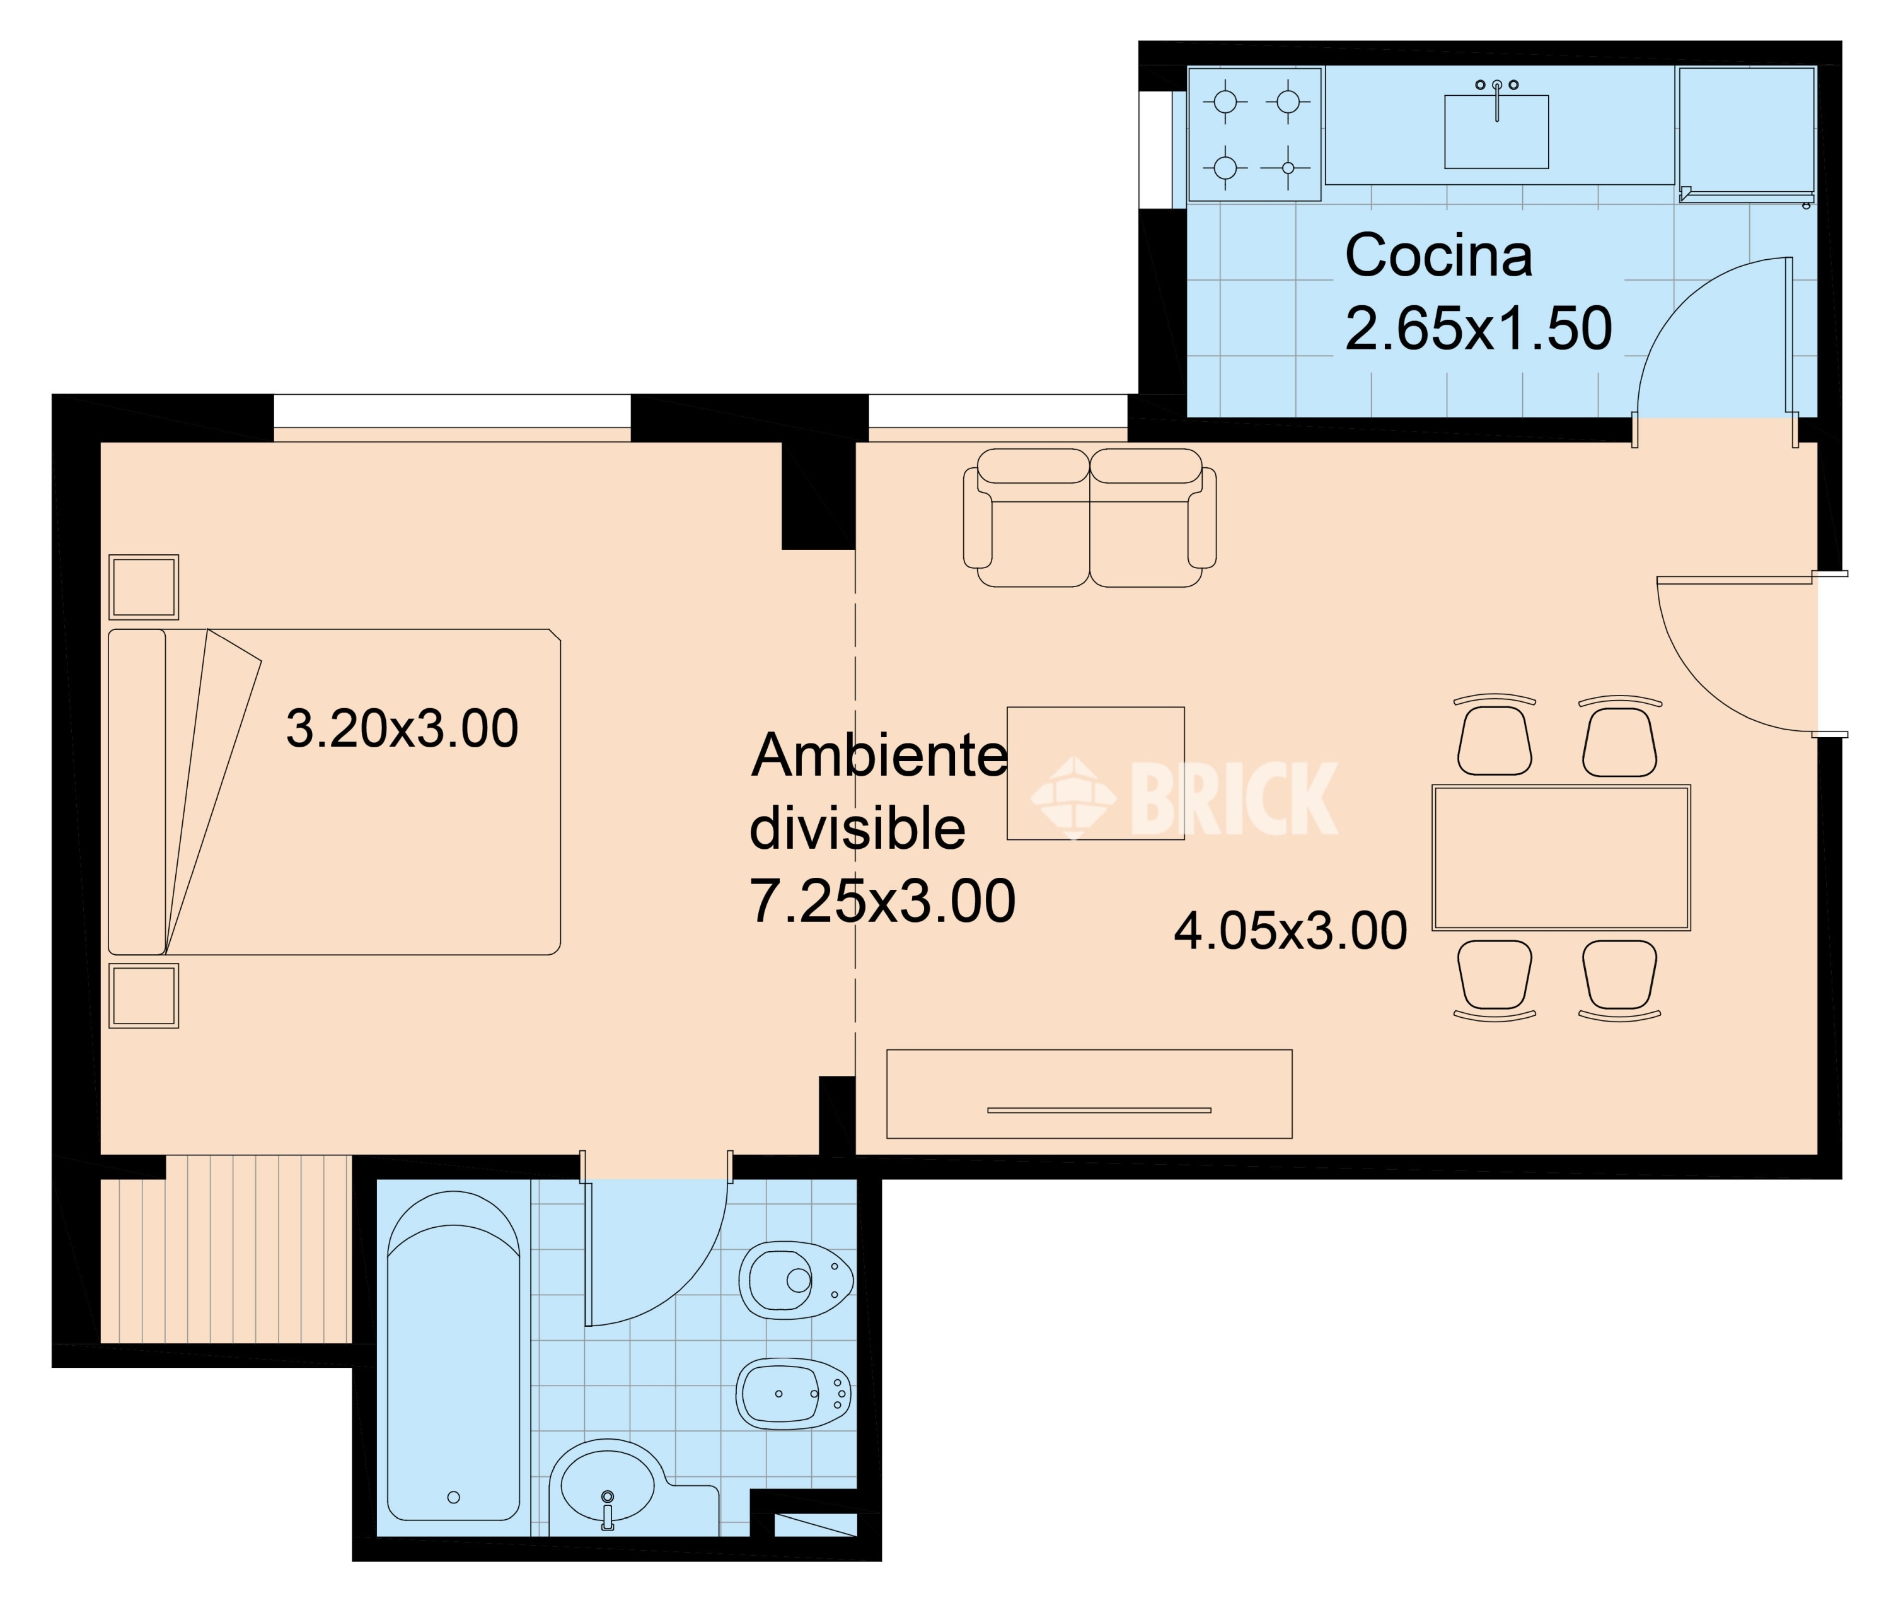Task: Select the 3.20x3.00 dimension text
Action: point(401,729)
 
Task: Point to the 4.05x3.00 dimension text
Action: point(1290,931)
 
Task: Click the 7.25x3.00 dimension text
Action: point(882,902)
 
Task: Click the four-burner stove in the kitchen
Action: point(1254,134)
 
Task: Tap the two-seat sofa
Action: point(1089,518)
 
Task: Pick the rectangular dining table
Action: point(1561,858)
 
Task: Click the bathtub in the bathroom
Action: point(453,1359)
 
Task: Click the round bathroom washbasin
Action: point(607,1488)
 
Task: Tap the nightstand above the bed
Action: point(143,587)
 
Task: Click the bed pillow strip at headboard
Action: point(137,792)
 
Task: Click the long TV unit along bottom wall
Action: point(1089,1094)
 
